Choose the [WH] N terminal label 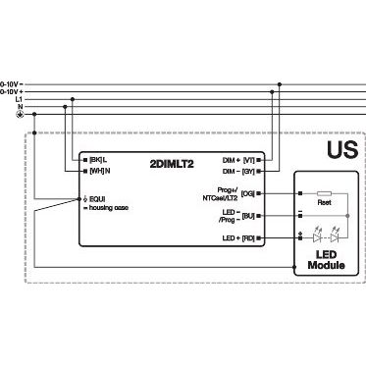coord(96,170)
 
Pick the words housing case coord(107,208)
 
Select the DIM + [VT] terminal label coord(237,158)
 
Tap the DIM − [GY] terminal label coord(237,170)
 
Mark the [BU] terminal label coord(248,215)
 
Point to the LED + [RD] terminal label coord(237,237)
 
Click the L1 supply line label coord(17,99)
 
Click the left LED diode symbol coord(315,236)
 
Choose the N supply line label coord(20,107)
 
